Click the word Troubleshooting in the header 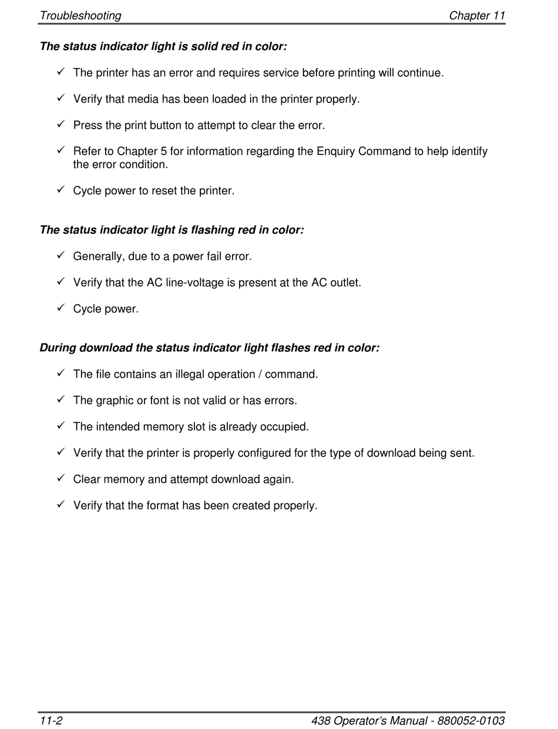click(80, 16)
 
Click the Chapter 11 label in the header click(477, 16)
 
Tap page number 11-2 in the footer click(51, 721)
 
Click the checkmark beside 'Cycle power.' click(60, 308)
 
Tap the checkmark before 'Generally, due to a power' click(60, 256)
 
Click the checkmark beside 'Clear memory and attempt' click(60, 478)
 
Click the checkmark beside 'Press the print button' click(60, 125)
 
